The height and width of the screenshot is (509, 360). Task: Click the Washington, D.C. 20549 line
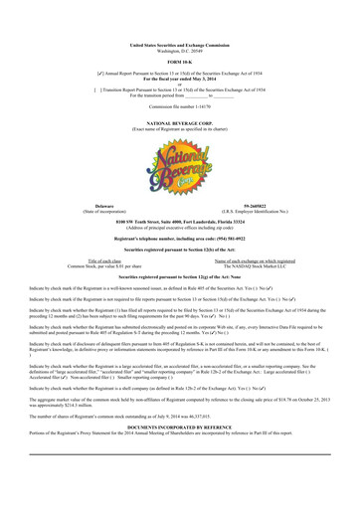click(179, 51)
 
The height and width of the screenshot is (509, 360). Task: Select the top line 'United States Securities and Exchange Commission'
click(179, 45)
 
